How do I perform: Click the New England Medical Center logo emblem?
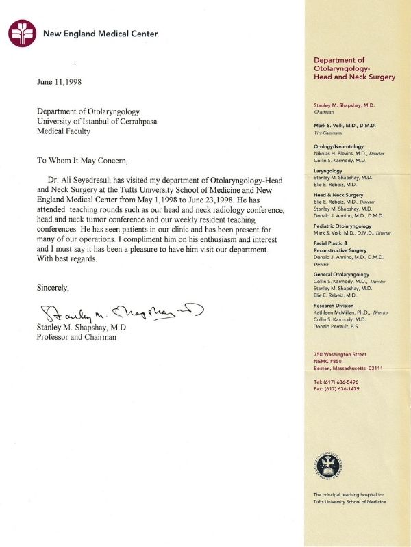22,33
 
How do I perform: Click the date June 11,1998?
66,81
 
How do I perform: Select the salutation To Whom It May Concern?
82,161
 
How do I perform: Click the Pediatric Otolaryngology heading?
342,226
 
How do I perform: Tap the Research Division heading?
335,305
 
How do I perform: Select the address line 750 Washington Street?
340,355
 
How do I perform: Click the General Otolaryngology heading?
341,274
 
